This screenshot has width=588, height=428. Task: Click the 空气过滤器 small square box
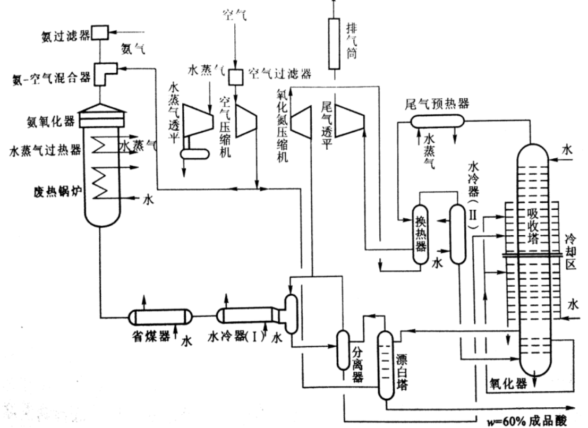coord(234,78)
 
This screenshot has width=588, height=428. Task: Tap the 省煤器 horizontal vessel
coord(160,317)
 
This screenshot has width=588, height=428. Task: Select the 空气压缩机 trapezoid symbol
coord(245,119)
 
